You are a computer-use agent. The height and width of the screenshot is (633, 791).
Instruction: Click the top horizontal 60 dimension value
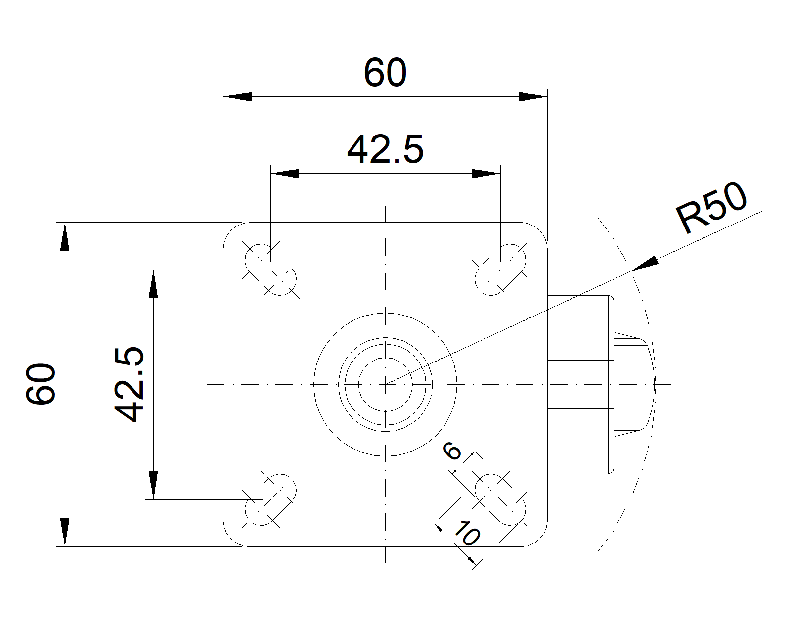pos(385,73)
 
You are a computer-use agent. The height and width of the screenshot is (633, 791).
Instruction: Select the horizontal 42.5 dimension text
pos(385,150)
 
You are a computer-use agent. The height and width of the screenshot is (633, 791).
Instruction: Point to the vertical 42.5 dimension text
pos(129,384)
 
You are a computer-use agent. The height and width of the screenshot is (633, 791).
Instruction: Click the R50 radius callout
pos(712,208)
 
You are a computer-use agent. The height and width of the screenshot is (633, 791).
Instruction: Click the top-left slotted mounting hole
pos(271,270)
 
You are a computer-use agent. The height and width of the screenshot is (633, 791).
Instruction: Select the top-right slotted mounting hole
pos(500,270)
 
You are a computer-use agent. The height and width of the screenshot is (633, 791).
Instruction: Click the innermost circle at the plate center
pos(385,384)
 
